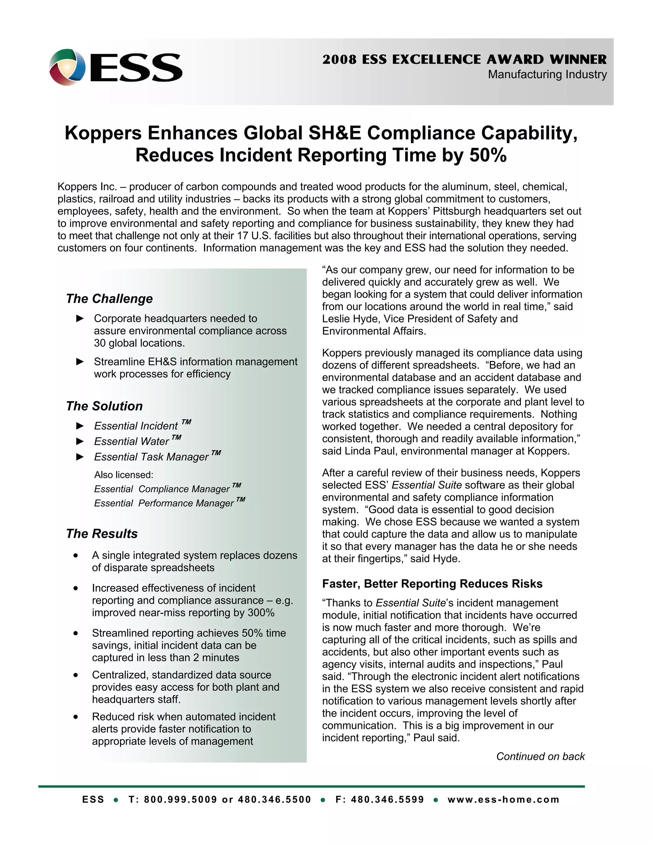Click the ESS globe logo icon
(67, 67)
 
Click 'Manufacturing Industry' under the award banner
(547, 74)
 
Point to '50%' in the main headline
(488, 155)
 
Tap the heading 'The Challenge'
(109, 299)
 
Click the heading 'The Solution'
(104, 406)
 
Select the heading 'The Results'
(102, 534)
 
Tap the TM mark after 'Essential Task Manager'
(216, 453)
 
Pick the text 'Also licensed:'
(124, 475)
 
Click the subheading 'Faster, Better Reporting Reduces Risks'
(432, 583)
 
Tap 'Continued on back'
(540, 756)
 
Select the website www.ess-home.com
(503, 799)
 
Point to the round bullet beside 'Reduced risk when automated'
(76, 717)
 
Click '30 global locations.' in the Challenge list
(139, 343)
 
